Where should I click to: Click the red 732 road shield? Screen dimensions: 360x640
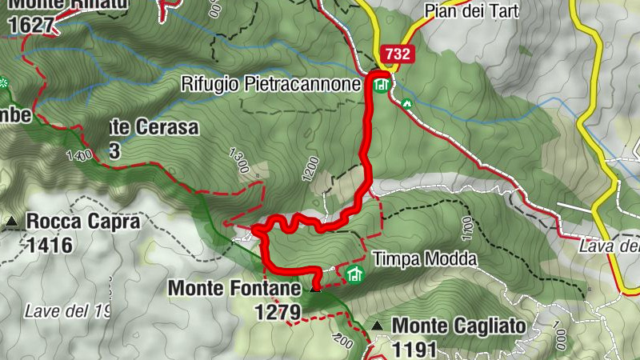click(x=398, y=54)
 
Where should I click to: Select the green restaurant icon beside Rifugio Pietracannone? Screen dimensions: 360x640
click(x=381, y=83)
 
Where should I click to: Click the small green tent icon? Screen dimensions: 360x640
click(x=406, y=103)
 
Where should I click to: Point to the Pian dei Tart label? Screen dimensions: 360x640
click(x=472, y=10)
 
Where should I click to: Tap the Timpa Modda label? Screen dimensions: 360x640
click(x=425, y=259)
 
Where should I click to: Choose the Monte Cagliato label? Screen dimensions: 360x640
click(x=458, y=326)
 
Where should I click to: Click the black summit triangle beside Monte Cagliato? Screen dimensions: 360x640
click(x=378, y=326)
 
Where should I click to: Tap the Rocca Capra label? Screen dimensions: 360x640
click(x=83, y=222)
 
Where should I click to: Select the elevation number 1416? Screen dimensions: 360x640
click(x=49, y=244)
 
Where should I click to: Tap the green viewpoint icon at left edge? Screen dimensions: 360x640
click(x=3, y=83)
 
